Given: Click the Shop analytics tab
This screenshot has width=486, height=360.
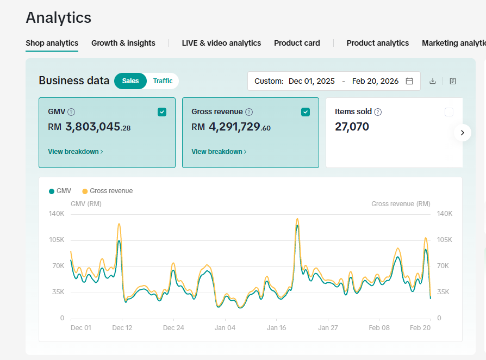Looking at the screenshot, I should (x=52, y=43).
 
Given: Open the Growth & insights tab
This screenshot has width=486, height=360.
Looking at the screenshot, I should (x=123, y=43).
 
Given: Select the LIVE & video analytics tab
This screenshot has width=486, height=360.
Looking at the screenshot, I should (x=221, y=43).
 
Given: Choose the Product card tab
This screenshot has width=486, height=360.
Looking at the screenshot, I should (x=297, y=43).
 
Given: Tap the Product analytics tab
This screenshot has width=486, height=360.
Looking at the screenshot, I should (x=377, y=43).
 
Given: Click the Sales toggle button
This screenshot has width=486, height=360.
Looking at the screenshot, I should (x=130, y=81).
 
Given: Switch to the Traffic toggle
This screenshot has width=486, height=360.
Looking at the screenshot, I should (x=163, y=81).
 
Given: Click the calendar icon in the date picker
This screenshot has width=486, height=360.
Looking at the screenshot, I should (x=409, y=81).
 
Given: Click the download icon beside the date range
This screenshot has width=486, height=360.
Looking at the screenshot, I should (x=433, y=81).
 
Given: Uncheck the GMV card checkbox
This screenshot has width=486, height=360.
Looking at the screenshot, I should (x=162, y=112).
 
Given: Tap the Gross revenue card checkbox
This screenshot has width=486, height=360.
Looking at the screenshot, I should (x=306, y=112).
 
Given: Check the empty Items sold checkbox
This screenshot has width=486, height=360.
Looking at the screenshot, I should (x=448, y=112).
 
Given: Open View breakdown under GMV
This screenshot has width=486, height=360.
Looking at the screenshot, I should (x=75, y=152).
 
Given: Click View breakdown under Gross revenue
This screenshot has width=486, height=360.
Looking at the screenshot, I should (x=219, y=152).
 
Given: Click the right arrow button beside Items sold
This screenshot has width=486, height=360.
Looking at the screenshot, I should (x=462, y=132).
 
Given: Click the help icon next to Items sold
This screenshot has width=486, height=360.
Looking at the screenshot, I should (x=378, y=112).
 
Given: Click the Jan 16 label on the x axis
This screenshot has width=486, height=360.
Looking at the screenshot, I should (x=276, y=328).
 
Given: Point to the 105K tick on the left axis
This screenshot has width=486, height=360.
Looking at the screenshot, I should (x=58, y=240).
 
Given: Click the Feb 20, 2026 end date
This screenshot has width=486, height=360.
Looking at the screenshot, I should (x=375, y=81).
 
